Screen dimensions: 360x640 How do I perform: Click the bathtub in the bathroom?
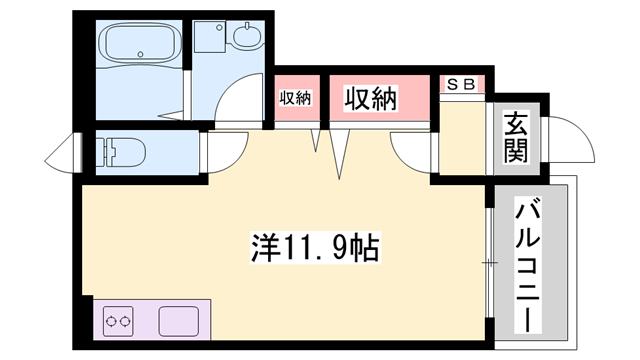click(x=140, y=47)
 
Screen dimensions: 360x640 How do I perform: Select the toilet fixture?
click(x=125, y=153)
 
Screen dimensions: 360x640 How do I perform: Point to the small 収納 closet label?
click(x=295, y=98)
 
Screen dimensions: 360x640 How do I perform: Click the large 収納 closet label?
click(x=371, y=98)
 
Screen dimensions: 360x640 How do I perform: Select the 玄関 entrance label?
click(x=515, y=138)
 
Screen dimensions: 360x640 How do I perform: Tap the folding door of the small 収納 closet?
click(x=319, y=140)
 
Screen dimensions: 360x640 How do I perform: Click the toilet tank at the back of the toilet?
click(x=103, y=153)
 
